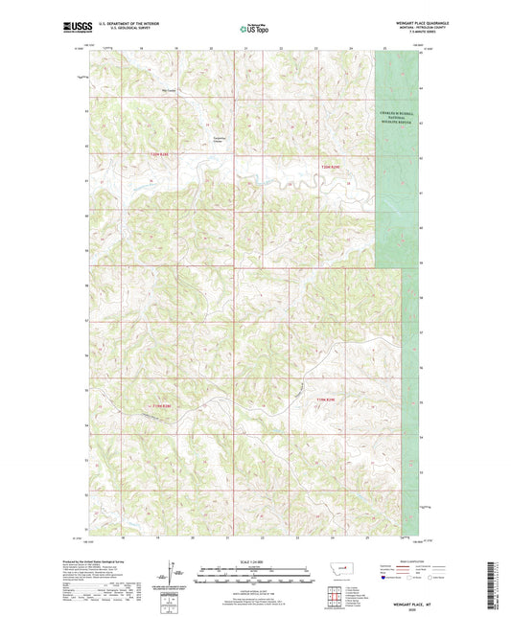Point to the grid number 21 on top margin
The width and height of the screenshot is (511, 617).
[x=246, y=46]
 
